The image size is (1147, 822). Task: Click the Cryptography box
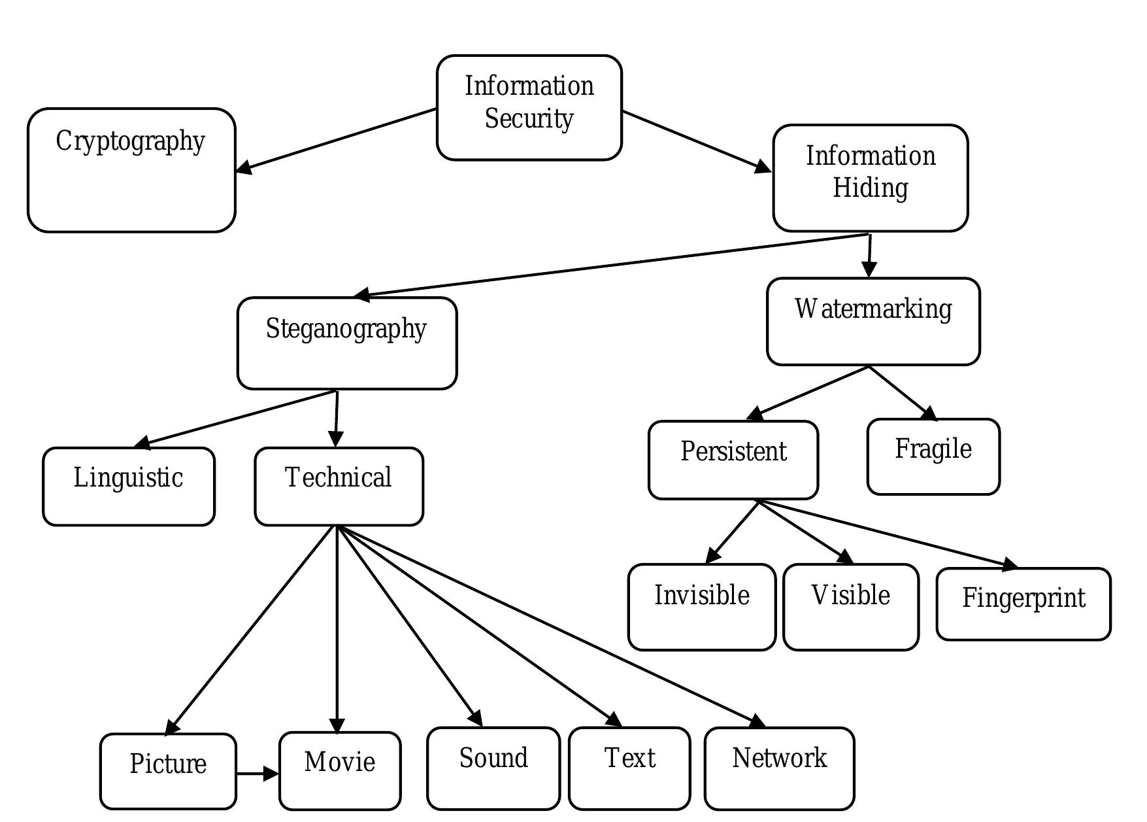tap(131, 170)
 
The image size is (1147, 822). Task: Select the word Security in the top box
tap(529, 119)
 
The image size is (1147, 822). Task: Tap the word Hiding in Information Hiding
tap(870, 188)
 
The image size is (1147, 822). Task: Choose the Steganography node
tap(346, 343)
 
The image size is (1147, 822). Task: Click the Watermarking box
tap(873, 321)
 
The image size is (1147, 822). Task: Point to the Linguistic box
tap(128, 486)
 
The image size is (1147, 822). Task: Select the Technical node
tap(339, 486)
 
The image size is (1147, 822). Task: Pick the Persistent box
tap(733, 460)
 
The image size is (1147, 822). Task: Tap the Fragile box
tap(933, 456)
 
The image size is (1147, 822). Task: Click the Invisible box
tap(701, 606)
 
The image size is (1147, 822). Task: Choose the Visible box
tap(850, 606)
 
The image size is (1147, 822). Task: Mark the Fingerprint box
tap(1023, 604)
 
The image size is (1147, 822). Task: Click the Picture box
tap(168, 770)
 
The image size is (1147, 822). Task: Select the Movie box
tap(339, 770)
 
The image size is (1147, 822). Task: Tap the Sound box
tap(493, 767)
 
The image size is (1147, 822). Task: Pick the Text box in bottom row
tap(629, 767)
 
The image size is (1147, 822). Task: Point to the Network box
tap(779, 767)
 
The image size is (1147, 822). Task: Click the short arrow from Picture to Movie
tap(256, 774)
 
